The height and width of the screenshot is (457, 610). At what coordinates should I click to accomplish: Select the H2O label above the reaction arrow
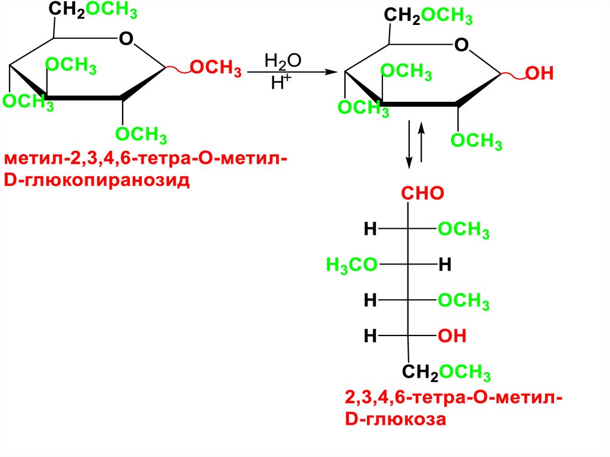(x=283, y=61)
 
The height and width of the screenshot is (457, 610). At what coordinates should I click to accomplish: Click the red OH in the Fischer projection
(x=452, y=337)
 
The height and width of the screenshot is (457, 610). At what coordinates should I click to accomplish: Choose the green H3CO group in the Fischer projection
(x=351, y=265)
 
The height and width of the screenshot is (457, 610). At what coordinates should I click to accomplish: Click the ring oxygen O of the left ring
(x=125, y=40)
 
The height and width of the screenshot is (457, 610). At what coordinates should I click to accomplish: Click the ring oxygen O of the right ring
(x=460, y=45)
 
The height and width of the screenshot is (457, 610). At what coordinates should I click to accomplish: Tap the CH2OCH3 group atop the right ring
(x=428, y=16)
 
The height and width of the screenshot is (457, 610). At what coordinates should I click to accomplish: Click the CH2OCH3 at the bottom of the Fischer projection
(x=446, y=373)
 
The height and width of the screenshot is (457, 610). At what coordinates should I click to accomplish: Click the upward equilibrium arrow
(x=422, y=143)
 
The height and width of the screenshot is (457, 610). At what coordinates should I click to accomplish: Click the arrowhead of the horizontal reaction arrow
(x=326, y=72)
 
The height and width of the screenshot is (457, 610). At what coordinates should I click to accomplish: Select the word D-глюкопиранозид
(x=97, y=179)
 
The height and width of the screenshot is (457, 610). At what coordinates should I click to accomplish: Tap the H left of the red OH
(x=370, y=337)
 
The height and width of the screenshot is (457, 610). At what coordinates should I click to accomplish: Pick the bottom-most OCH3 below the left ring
(x=141, y=135)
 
